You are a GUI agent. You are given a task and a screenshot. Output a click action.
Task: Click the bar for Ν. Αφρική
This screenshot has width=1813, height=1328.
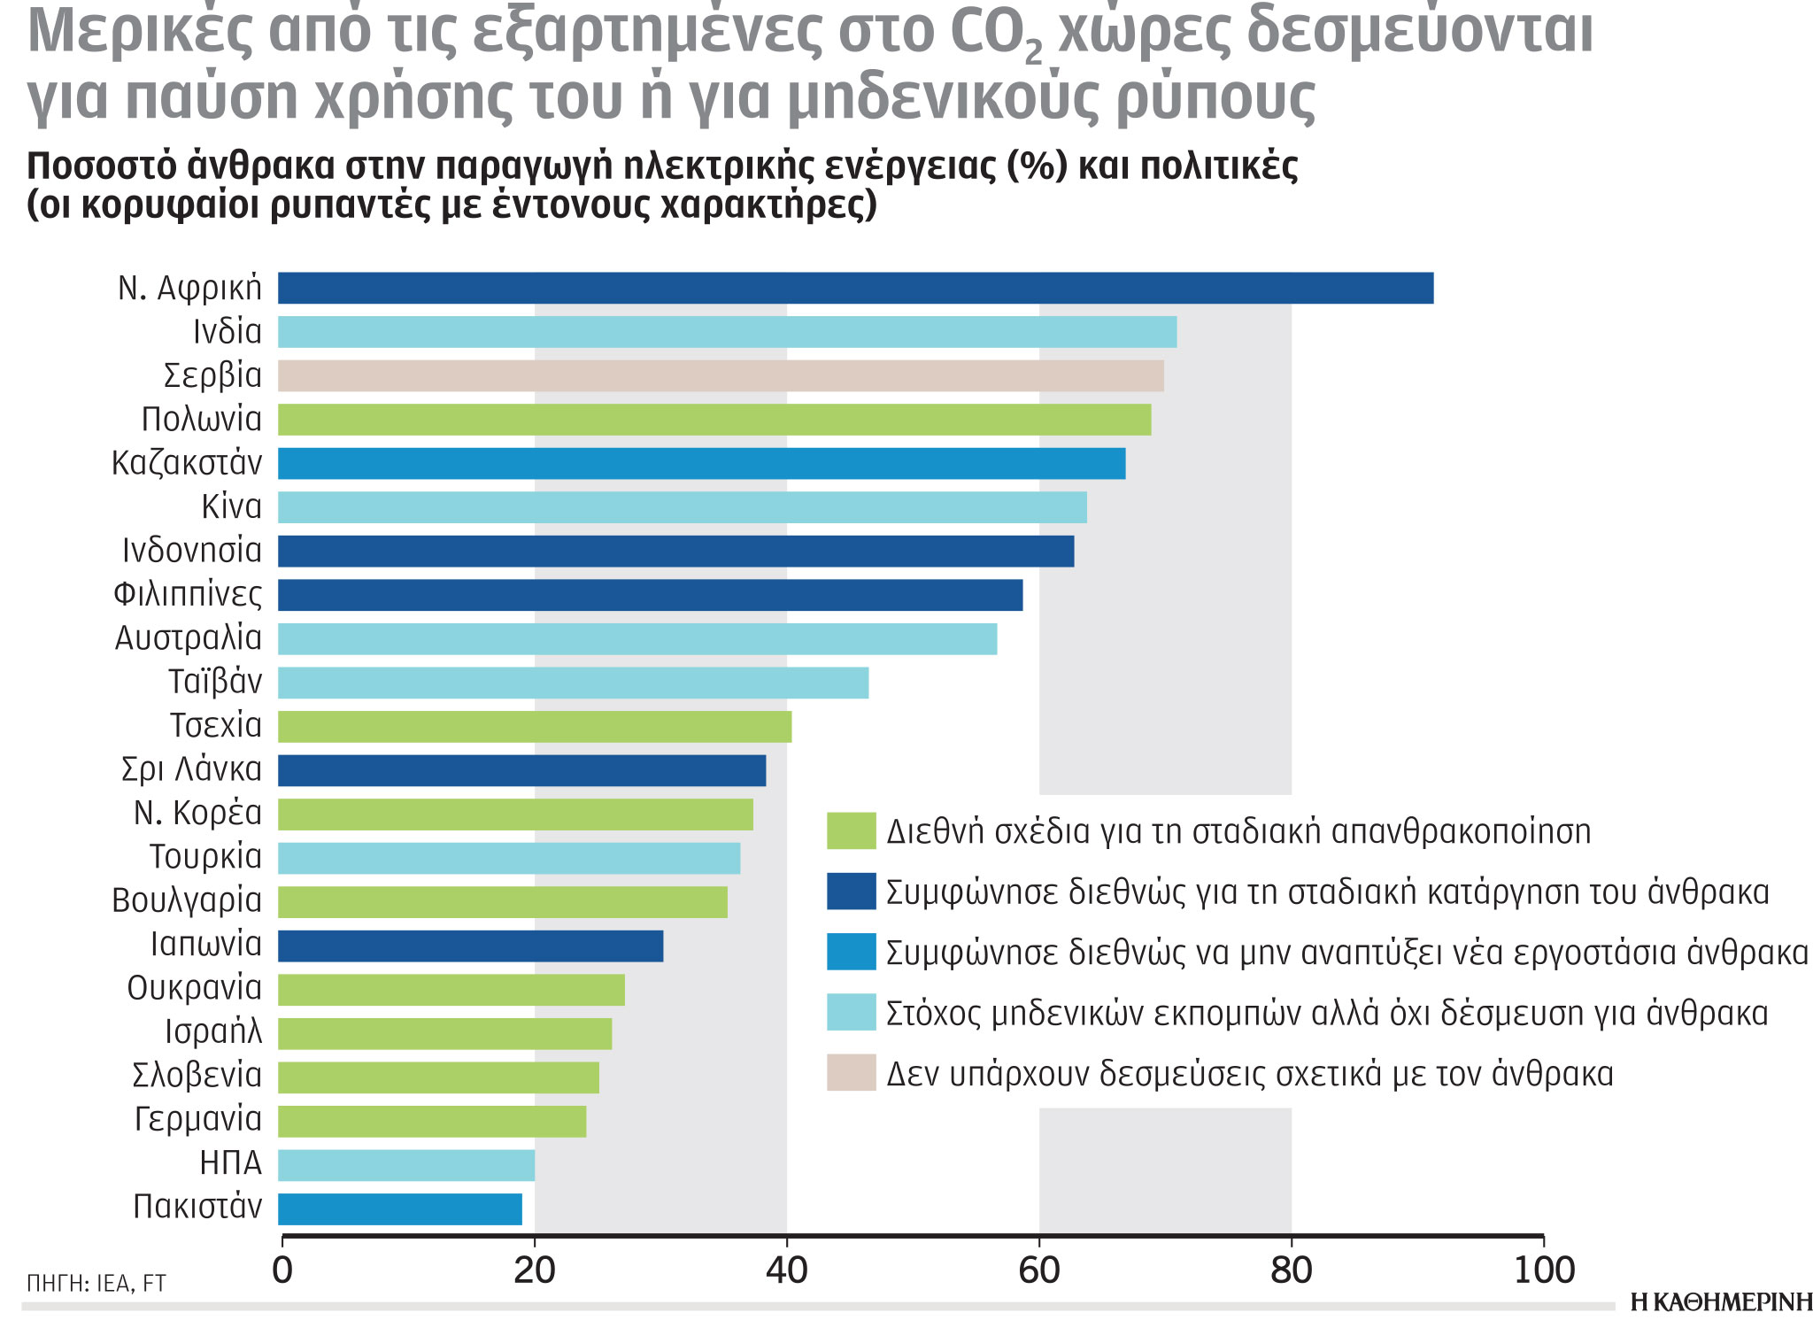[x=855, y=289]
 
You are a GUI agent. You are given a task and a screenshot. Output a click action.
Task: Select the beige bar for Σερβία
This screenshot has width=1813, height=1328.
[x=721, y=375]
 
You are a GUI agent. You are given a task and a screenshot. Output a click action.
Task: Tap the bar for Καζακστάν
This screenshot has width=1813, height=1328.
[x=701, y=463]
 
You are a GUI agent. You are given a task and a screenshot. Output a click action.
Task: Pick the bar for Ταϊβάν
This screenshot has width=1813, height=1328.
[x=573, y=683]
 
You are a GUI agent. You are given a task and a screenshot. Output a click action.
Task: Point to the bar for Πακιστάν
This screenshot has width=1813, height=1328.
[x=399, y=1208]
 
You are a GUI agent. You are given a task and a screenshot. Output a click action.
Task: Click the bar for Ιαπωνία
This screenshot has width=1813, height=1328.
[x=470, y=946]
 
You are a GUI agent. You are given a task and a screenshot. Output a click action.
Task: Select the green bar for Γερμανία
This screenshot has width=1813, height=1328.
[x=431, y=1121]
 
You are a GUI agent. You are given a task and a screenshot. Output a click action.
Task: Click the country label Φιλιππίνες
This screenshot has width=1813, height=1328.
[x=188, y=594]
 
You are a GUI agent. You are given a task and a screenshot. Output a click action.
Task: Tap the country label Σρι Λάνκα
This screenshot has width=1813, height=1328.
[x=191, y=769]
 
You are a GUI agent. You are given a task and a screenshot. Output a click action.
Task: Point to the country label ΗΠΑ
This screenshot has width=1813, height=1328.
[x=231, y=1162]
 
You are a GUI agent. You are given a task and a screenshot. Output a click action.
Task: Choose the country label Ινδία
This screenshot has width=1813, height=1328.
[x=228, y=332]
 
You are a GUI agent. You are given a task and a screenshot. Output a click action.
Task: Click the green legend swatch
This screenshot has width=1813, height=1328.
[x=851, y=830]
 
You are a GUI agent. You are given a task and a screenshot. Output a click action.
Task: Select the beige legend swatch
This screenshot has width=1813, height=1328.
[x=851, y=1072]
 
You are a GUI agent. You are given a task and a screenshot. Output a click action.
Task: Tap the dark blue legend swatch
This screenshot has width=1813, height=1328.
[x=851, y=892]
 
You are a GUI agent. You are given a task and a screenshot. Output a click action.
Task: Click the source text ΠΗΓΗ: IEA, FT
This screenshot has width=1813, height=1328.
[x=96, y=1284]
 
